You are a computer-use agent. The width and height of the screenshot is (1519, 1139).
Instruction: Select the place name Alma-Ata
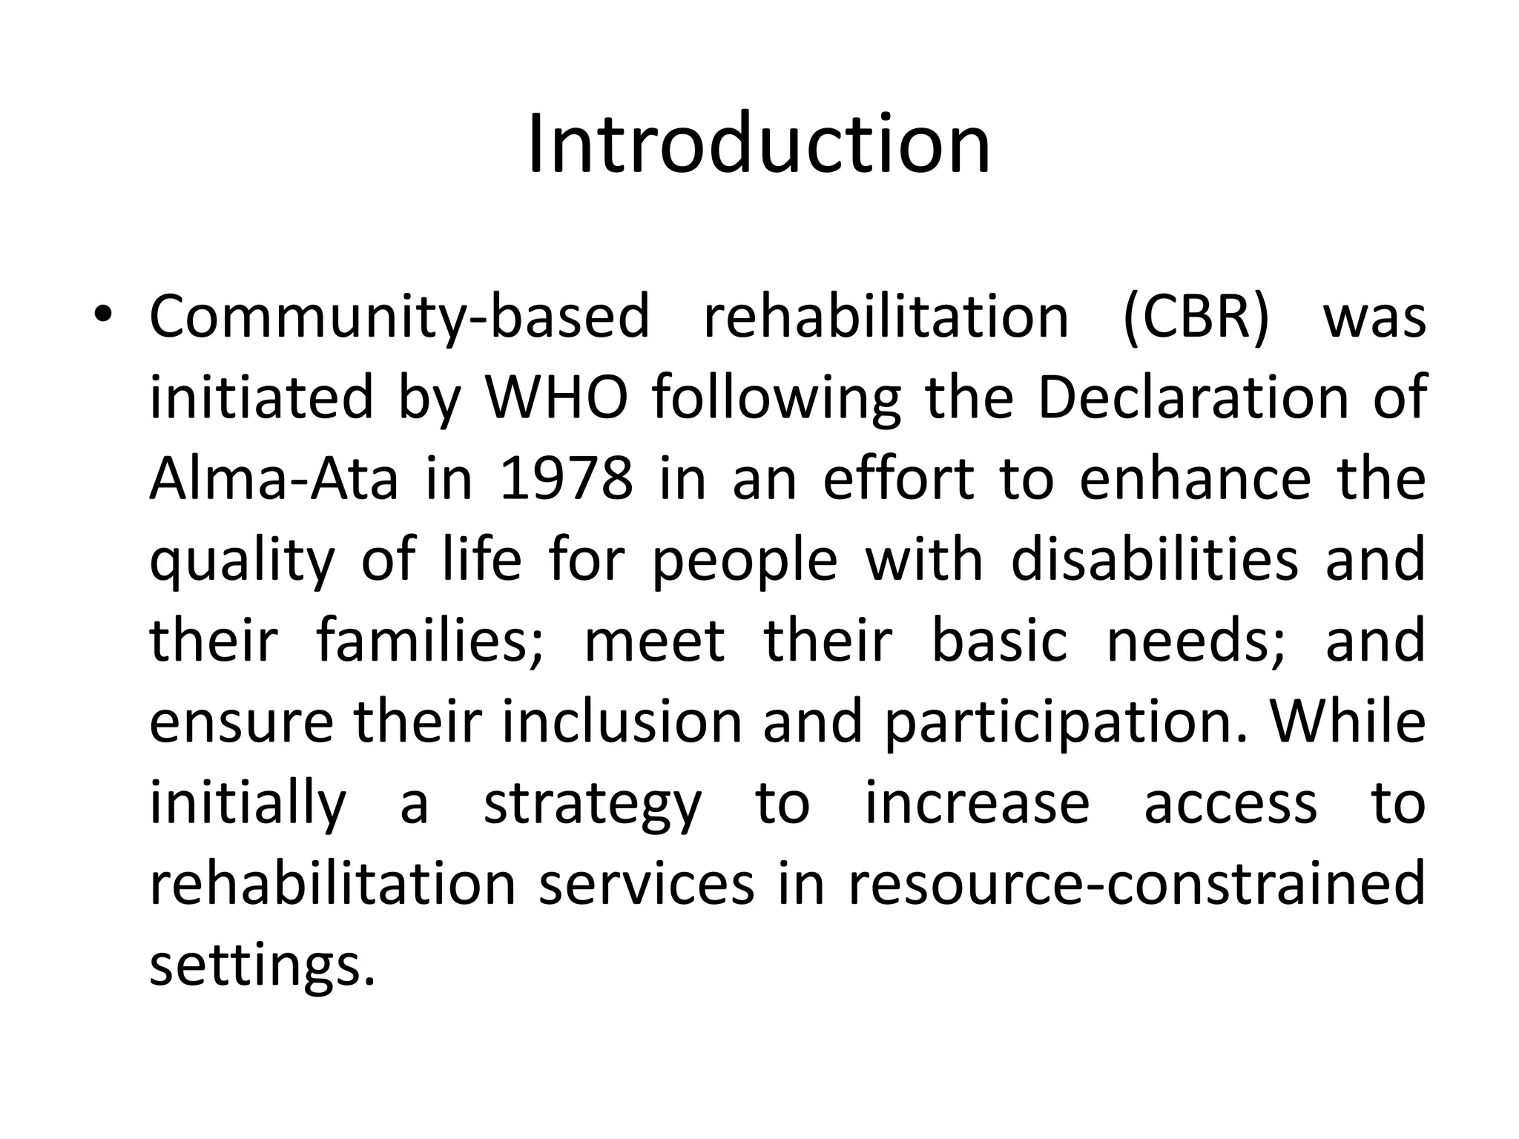coord(274,479)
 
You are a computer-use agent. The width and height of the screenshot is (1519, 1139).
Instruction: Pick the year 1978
coord(567,479)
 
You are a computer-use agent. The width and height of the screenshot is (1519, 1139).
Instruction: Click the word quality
coord(243,561)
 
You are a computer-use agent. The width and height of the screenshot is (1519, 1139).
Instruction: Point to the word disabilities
coord(1155,561)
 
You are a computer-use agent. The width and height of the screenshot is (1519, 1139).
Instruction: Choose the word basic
coord(998,641)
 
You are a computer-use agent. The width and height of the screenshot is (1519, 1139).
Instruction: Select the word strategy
coord(592,805)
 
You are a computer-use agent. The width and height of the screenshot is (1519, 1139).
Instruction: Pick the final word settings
coord(262,967)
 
